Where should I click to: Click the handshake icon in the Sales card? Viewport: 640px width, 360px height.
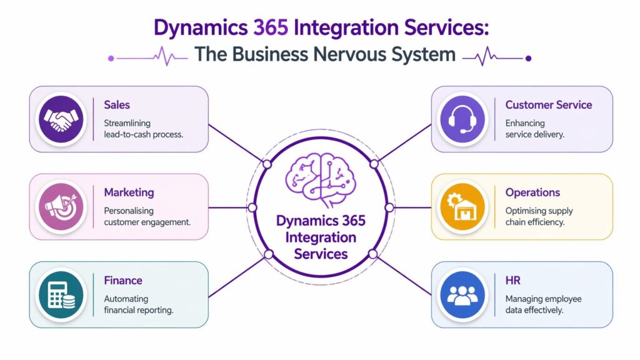(x=61, y=119)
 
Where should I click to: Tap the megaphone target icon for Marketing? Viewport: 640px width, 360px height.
(x=61, y=206)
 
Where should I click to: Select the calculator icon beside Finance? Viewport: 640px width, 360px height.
(x=61, y=294)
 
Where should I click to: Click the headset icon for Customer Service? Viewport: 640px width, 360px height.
(x=462, y=119)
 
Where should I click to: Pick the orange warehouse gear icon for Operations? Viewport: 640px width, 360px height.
(x=462, y=206)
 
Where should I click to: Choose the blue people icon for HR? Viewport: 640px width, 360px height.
(x=462, y=294)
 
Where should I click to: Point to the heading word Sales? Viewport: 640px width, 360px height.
(x=117, y=105)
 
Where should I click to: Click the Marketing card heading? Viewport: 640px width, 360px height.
(x=129, y=192)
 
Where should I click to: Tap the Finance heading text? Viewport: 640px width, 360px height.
(x=123, y=281)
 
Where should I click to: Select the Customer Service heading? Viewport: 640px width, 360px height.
(x=549, y=105)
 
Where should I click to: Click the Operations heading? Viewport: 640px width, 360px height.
(x=532, y=192)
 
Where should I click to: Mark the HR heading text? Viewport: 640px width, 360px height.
(x=513, y=281)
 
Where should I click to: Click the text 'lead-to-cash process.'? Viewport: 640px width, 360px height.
(x=143, y=134)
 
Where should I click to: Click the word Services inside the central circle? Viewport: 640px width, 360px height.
(x=320, y=254)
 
